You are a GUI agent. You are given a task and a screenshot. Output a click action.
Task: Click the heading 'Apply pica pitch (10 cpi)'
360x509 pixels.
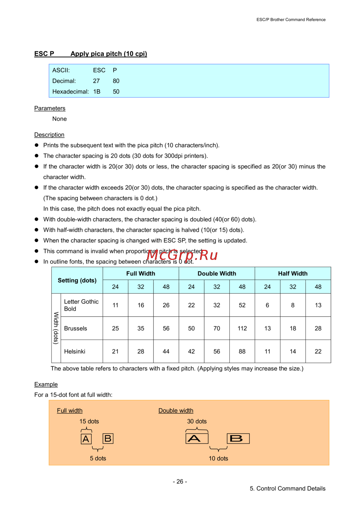(109, 54)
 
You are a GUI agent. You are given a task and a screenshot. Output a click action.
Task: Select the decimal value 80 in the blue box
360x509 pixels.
(116, 81)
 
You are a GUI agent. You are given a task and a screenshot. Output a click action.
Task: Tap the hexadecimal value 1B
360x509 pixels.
(97, 92)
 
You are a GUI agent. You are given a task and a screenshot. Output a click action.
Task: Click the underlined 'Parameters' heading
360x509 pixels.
(50, 108)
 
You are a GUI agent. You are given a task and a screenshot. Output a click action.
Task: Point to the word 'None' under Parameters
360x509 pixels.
(59, 119)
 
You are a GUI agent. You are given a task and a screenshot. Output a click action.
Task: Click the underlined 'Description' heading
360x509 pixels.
(49, 135)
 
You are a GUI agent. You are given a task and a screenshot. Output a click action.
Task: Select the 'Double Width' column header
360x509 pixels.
(217, 274)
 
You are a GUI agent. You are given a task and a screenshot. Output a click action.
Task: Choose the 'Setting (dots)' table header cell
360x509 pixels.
(77, 280)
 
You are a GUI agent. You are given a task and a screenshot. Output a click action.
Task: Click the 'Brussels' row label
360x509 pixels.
(76, 329)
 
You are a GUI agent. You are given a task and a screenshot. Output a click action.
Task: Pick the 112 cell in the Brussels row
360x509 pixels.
(242, 329)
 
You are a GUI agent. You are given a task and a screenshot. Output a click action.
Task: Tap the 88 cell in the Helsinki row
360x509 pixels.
(242, 352)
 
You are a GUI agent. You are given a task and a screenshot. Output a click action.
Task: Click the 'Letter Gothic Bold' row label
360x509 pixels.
(81, 305)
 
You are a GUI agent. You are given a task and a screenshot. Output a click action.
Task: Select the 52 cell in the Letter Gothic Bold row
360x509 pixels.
(242, 305)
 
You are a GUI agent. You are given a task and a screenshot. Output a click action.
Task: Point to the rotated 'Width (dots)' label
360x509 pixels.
(56, 328)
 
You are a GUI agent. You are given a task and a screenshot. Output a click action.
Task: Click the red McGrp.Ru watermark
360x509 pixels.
(182, 255)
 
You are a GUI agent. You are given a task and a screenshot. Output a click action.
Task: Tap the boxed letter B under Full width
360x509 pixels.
(108, 438)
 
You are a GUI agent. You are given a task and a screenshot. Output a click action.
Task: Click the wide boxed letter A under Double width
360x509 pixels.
(197, 438)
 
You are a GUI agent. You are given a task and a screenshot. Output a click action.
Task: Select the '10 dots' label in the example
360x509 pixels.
(219, 459)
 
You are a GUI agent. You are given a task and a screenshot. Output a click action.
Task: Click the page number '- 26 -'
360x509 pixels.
(180, 482)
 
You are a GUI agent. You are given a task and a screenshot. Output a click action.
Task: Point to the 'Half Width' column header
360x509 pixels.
(293, 274)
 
